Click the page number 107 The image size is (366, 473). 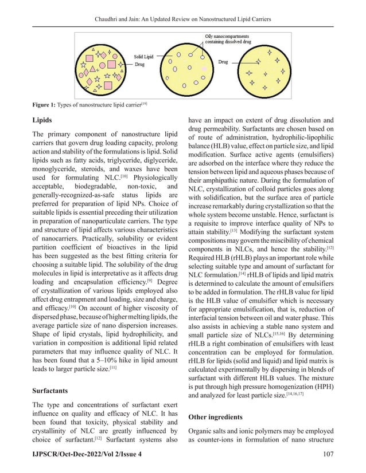(328, 454)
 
